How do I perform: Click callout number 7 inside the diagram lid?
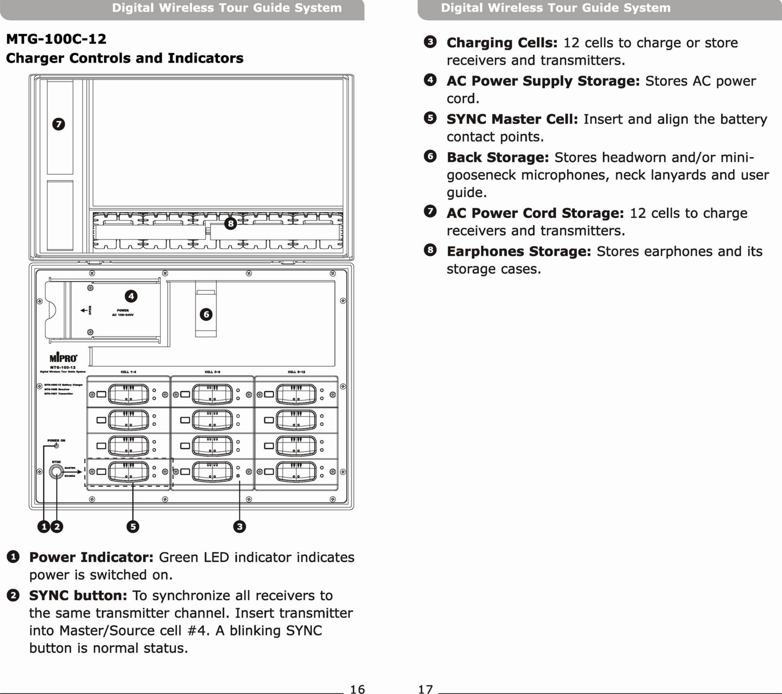pyautogui.click(x=59, y=124)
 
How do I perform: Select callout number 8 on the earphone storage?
pyautogui.click(x=230, y=223)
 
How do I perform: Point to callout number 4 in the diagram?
pyautogui.click(x=131, y=296)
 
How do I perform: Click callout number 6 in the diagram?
pyautogui.click(x=206, y=314)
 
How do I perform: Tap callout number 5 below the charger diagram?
pyautogui.click(x=133, y=527)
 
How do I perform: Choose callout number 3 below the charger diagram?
pyautogui.click(x=240, y=527)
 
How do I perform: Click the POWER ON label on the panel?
pyautogui.click(x=56, y=440)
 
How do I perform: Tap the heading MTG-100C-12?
pyautogui.click(x=56, y=39)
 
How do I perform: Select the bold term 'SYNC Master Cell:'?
pyautogui.click(x=512, y=119)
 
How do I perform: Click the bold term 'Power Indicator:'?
pyautogui.click(x=91, y=557)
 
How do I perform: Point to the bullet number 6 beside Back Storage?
pyautogui.click(x=430, y=156)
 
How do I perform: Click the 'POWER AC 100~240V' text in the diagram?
pyautogui.click(x=123, y=313)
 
